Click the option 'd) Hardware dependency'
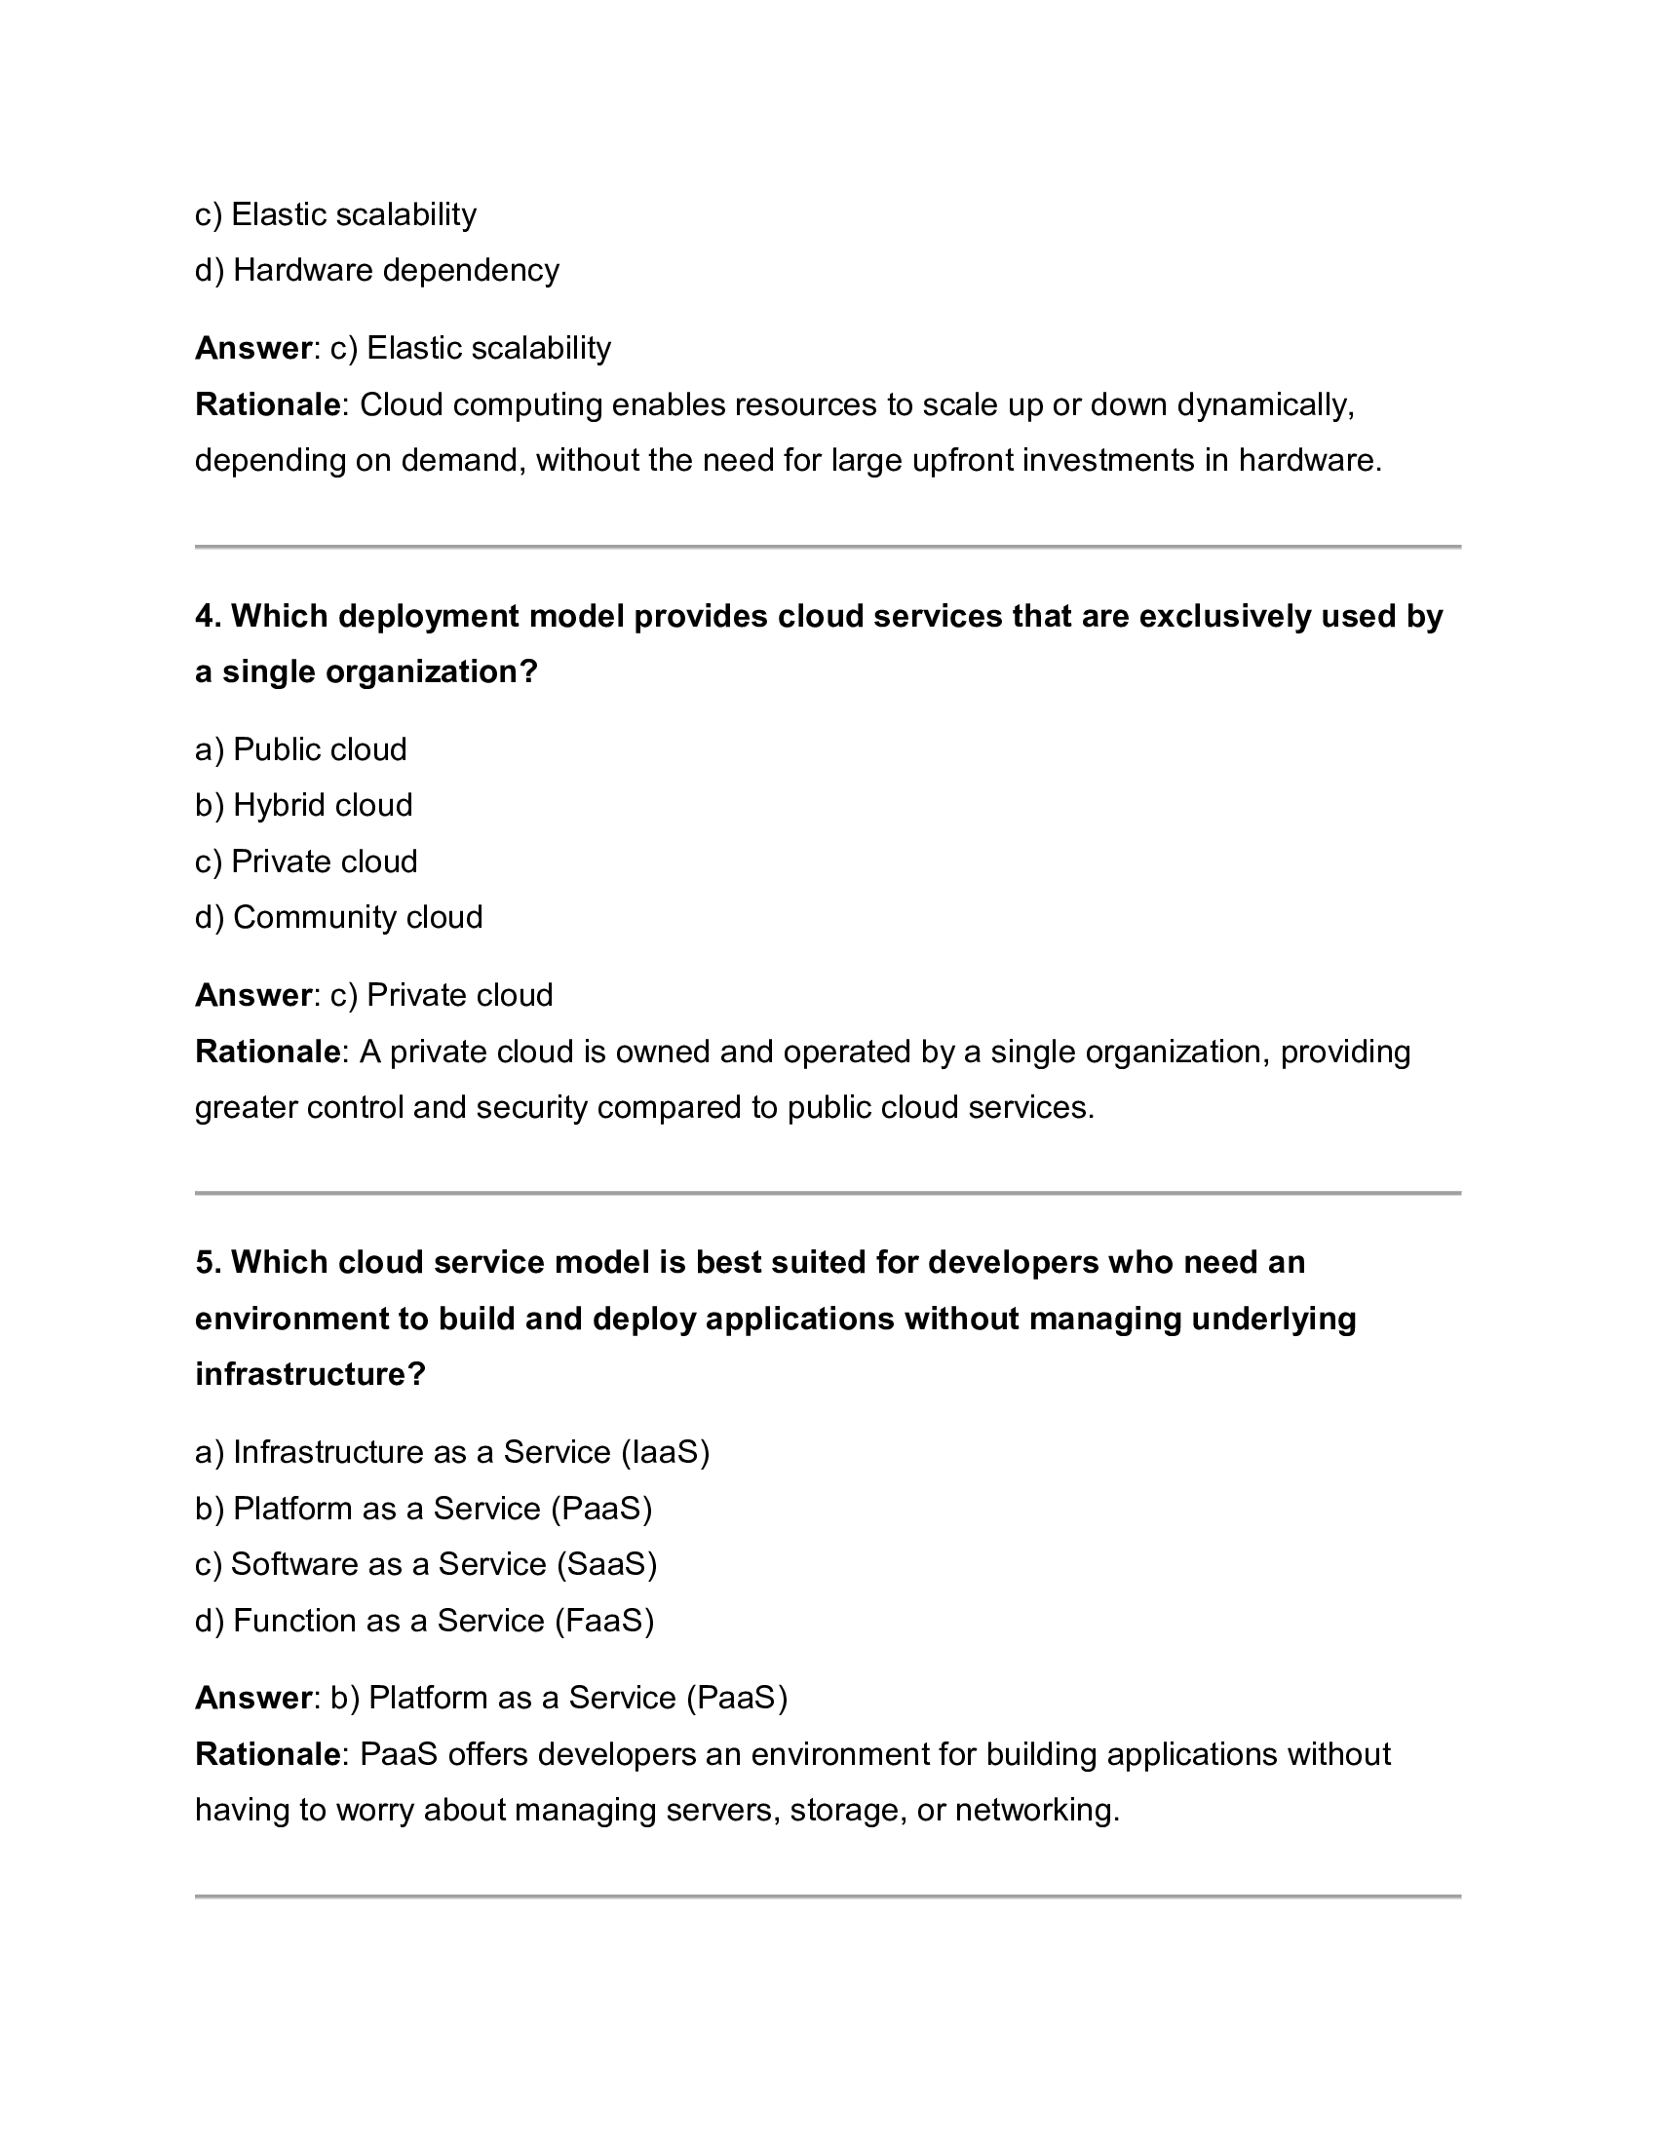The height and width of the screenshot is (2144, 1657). point(377,270)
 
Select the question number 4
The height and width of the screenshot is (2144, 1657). point(209,617)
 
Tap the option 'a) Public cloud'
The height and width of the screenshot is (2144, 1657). point(300,750)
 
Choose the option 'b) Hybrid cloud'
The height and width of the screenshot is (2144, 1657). point(303,806)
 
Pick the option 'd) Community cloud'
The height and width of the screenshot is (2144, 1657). point(338,918)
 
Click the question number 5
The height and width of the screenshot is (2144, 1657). point(209,1262)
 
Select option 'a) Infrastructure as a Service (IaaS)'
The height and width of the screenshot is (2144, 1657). point(451,1452)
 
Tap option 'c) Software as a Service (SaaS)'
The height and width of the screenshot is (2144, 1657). point(426,1564)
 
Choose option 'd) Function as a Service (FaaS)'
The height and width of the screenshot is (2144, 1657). point(424,1621)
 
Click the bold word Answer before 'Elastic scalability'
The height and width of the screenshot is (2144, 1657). point(253,349)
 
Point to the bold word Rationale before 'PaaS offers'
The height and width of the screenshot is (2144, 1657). point(267,1754)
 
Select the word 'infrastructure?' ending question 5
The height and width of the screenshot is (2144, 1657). point(310,1374)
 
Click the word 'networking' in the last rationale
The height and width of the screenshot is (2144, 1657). point(1034,1811)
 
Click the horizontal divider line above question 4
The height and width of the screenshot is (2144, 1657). point(828,547)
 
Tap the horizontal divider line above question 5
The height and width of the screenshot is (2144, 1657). point(828,1194)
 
